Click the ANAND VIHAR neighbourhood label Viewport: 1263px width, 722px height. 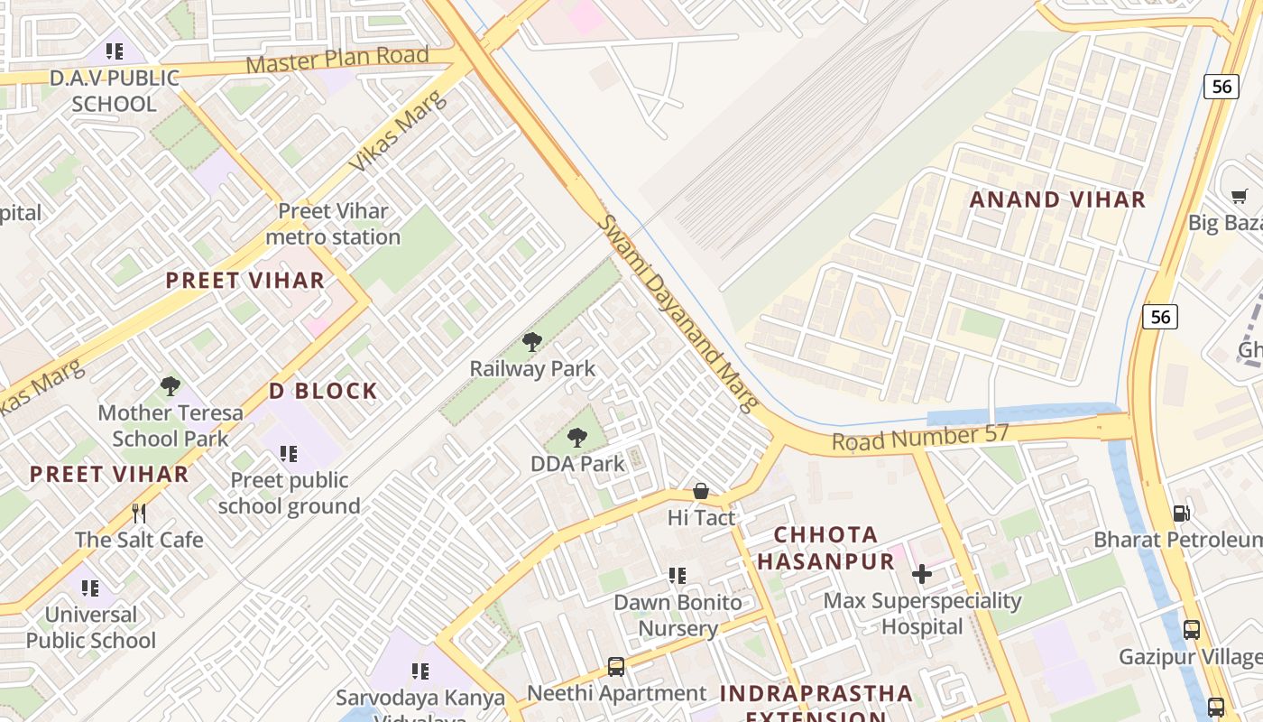click(1057, 199)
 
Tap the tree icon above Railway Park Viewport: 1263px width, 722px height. click(532, 342)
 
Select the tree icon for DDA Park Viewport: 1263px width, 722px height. click(577, 438)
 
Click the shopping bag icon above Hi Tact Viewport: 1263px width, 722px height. click(701, 491)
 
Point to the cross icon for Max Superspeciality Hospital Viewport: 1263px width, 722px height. click(922, 574)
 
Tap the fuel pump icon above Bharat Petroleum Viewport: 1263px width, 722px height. click(1181, 514)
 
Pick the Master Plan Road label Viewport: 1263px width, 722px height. click(337, 60)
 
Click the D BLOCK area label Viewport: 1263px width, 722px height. click(323, 391)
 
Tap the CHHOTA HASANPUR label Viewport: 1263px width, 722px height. click(825, 548)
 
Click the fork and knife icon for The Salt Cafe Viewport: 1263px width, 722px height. click(139, 514)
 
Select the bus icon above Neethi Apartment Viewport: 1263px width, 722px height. click(616, 667)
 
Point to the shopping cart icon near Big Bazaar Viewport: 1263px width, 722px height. click(1240, 196)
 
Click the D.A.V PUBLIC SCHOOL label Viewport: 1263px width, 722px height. click(115, 90)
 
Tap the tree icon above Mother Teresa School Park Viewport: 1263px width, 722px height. click(170, 386)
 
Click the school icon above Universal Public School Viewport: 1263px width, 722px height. click(90, 588)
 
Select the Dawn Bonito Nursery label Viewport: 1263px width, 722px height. click(678, 616)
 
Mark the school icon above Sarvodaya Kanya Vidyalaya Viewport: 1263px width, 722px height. click(419, 671)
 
